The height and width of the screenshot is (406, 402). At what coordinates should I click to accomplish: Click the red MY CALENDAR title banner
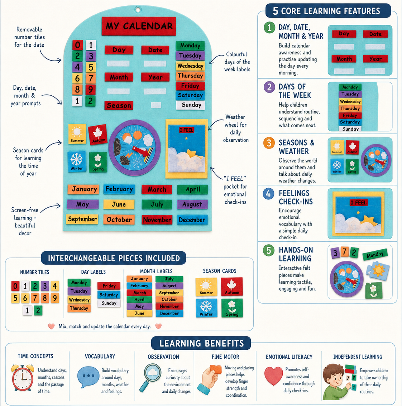coord(139,26)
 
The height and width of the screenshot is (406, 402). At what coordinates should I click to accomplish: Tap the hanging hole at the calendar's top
coord(138,10)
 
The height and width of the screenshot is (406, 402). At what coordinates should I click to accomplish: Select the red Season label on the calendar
coord(119,105)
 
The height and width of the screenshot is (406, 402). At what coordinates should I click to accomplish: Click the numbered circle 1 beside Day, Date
coord(269,28)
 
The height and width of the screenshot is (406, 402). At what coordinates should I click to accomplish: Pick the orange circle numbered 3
coord(269,143)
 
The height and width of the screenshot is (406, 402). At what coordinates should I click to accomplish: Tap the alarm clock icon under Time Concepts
coord(23,377)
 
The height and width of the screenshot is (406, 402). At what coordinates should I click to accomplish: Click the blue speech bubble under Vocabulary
coord(88,377)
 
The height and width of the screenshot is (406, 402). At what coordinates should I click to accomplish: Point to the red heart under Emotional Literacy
coord(273,376)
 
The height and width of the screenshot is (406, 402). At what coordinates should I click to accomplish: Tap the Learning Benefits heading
coord(201,343)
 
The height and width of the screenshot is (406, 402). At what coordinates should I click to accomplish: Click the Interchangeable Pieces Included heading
coord(114,258)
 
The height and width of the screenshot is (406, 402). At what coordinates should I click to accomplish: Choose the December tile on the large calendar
coord(192,219)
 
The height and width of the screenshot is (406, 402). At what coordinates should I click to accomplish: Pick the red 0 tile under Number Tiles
coord(15,286)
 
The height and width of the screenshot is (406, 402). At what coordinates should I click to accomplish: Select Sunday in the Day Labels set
coord(109,303)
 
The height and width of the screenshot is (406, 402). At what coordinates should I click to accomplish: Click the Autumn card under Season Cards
coord(232,286)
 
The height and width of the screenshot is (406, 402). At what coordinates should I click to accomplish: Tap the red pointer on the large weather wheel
coord(141,151)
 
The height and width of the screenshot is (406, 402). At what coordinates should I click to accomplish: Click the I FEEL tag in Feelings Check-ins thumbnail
coord(358,203)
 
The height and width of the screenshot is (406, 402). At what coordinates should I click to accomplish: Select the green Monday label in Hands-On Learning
coord(375,254)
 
